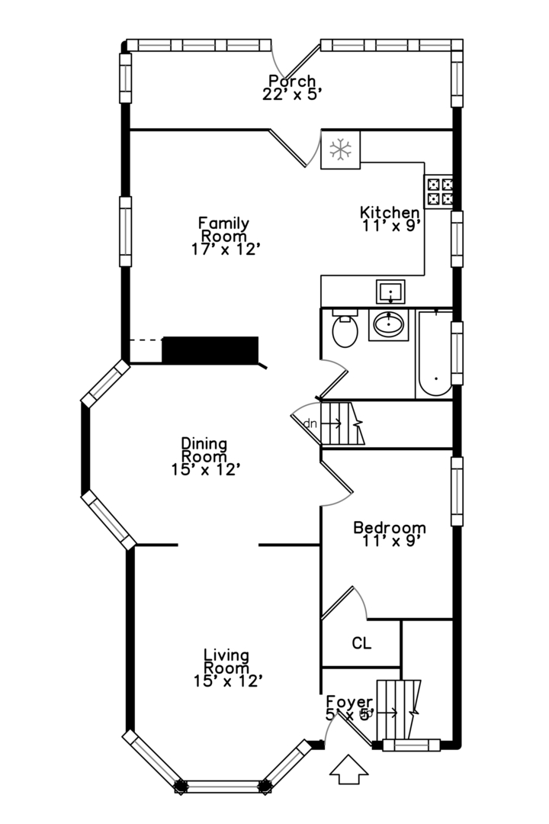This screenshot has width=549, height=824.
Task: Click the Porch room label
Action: (291, 81)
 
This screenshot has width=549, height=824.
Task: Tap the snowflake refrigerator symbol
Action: (340, 149)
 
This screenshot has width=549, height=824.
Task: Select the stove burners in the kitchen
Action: (438, 192)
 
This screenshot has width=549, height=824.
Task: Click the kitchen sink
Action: (390, 291)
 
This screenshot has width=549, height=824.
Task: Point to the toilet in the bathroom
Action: (345, 330)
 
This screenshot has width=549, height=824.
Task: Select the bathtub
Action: (434, 354)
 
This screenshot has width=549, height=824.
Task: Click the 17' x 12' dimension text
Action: (227, 249)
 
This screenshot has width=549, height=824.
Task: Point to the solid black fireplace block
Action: (210, 349)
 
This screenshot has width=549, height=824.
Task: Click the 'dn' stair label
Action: (310, 423)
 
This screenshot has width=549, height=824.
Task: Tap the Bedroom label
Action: (389, 527)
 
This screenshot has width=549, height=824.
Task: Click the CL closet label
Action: (361, 643)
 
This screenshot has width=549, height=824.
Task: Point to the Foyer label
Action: (349, 702)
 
